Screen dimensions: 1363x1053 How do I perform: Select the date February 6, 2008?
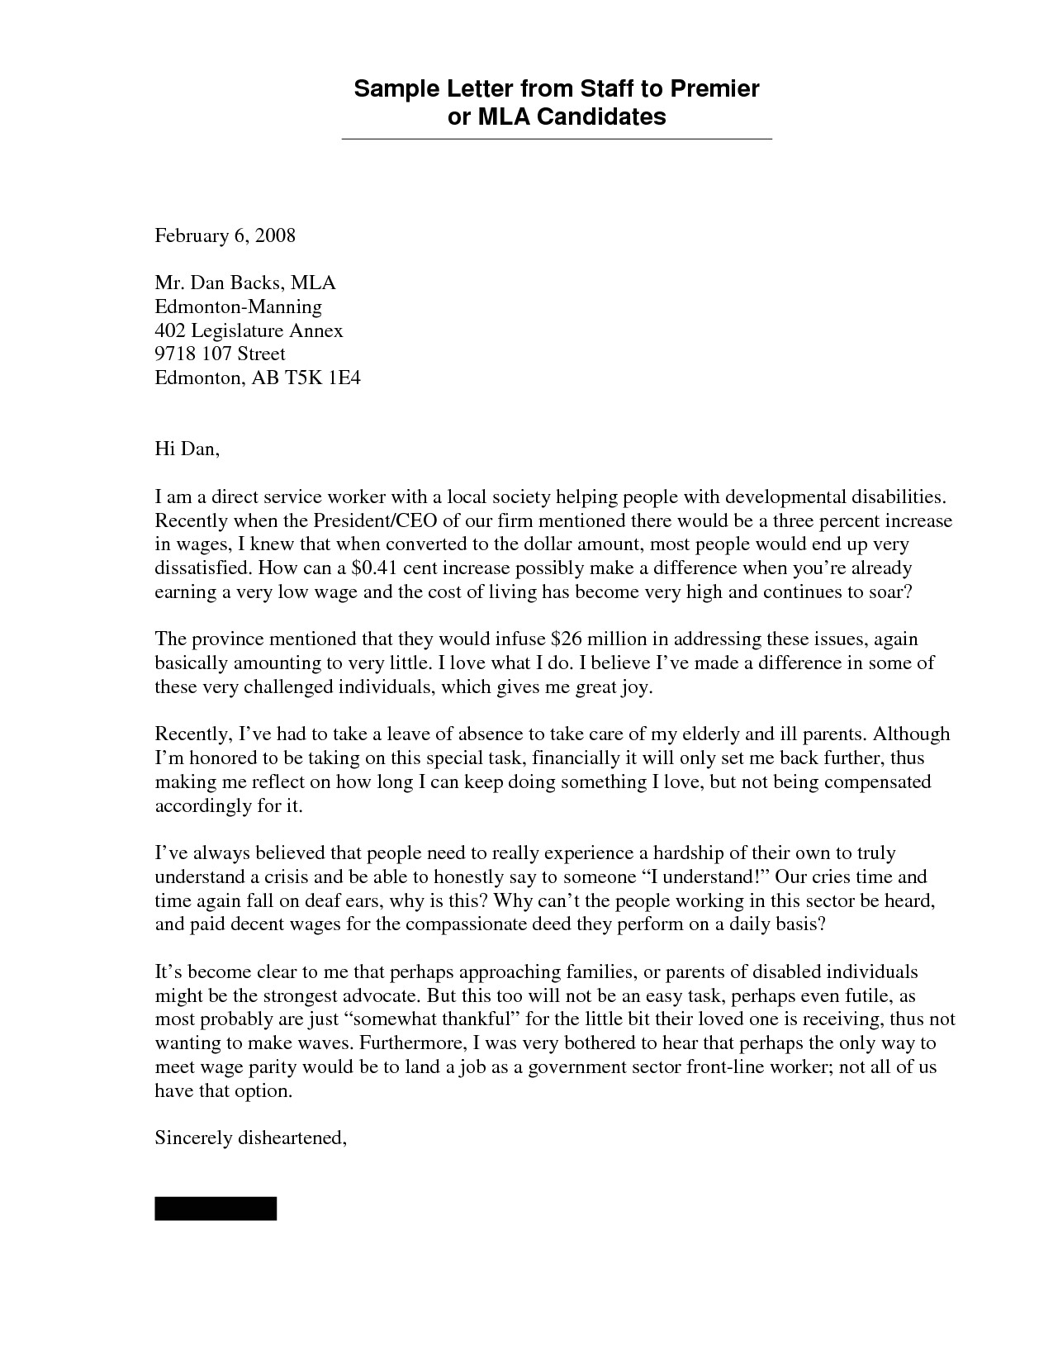pyautogui.click(x=225, y=236)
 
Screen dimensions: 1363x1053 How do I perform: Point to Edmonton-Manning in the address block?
pyautogui.click(x=238, y=307)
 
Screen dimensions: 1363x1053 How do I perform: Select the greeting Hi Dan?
pyautogui.click(x=187, y=449)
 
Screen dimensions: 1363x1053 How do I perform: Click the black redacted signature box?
pyautogui.click(x=216, y=1208)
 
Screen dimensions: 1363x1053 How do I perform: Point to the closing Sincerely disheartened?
pyautogui.click(x=250, y=1138)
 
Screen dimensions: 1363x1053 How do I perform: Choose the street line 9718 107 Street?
pyautogui.click(x=220, y=354)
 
